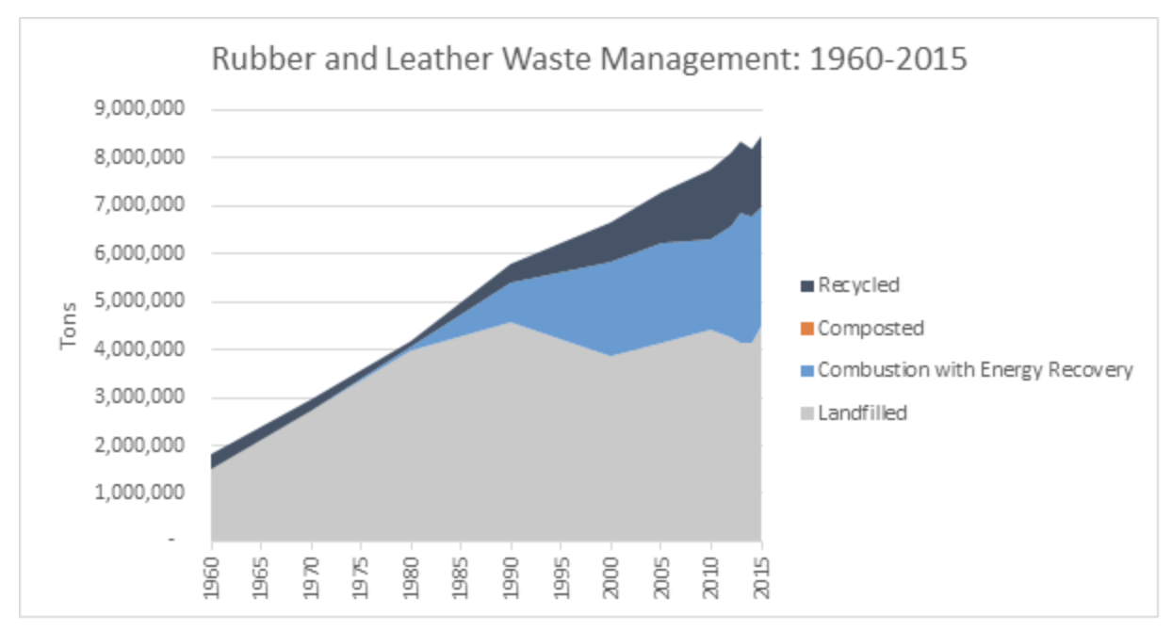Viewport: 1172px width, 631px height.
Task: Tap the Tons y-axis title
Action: click(68, 326)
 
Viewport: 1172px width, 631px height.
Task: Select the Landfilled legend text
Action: click(862, 413)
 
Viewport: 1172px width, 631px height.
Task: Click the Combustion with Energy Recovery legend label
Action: click(975, 370)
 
